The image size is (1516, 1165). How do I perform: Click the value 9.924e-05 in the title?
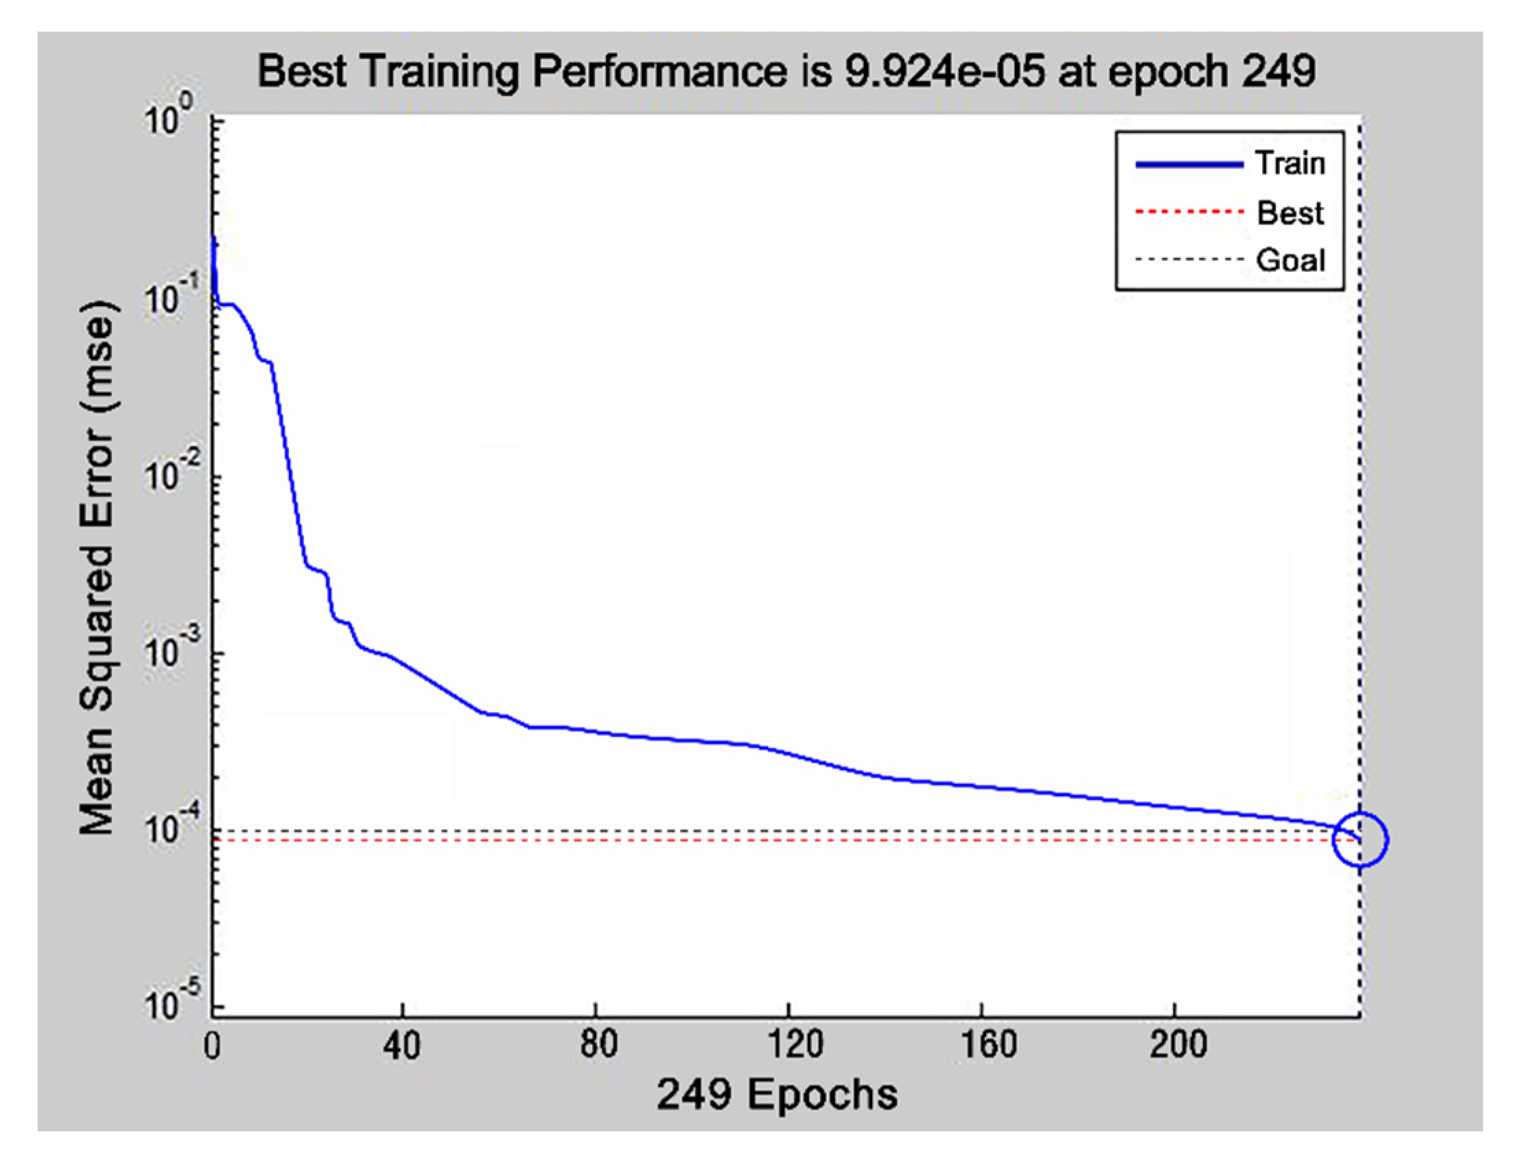pyautogui.click(x=944, y=71)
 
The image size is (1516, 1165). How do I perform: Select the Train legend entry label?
pyautogui.click(x=1290, y=164)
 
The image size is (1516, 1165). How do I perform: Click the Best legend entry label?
pyautogui.click(x=1290, y=212)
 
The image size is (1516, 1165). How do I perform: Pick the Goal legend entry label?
pyautogui.click(x=1290, y=260)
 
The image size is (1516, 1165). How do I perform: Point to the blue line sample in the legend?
pyautogui.click(x=1189, y=165)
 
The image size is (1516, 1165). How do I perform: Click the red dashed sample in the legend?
pyautogui.click(x=1189, y=211)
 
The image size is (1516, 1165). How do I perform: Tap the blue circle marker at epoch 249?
pyautogui.click(x=1360, y=840)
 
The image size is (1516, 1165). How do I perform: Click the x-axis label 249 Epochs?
pyautogui.click(x=777, y=1094)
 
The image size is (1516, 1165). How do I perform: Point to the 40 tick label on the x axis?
pyautogui.click(x=401, y=1044)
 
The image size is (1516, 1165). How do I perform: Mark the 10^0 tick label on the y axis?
pyautogui.click(x=169, y=118)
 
